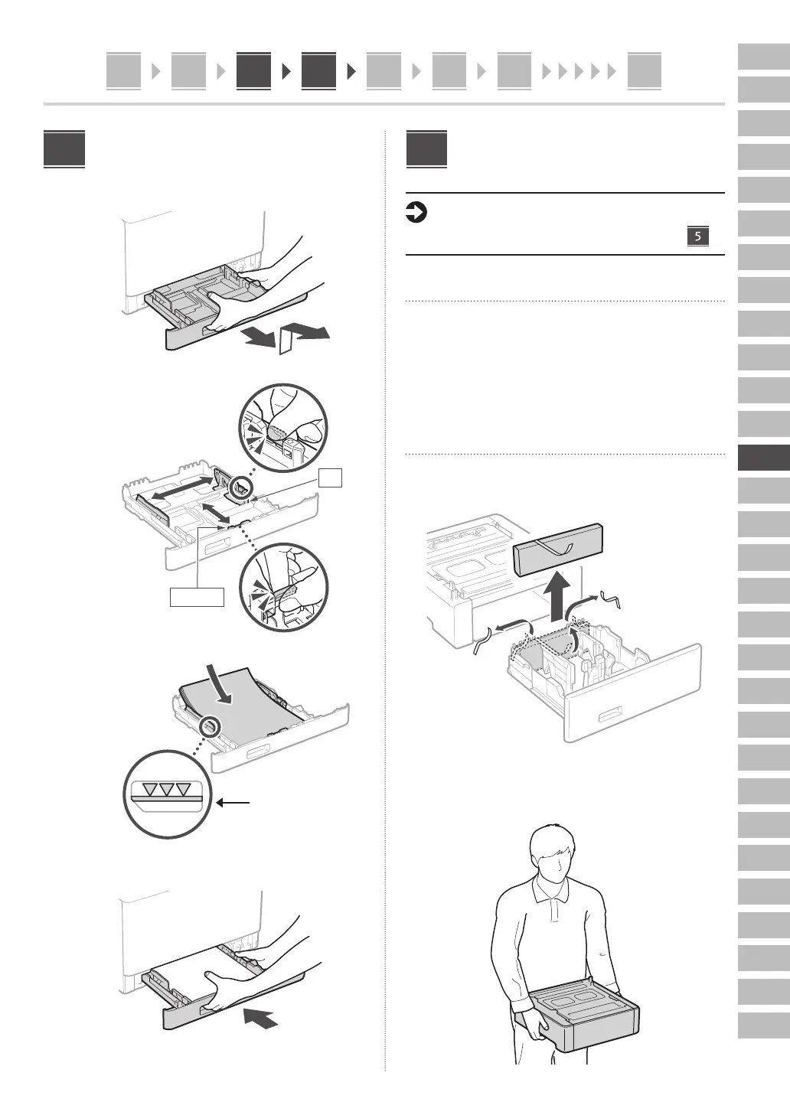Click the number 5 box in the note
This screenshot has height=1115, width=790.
pos(697,236)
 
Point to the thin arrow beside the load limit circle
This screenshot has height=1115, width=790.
pos(233,803)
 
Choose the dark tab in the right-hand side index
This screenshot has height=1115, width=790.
pos(763,458)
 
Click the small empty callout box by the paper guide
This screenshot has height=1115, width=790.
pos(331,478)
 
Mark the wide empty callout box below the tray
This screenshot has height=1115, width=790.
pos(197,597)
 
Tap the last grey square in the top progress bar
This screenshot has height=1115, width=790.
pos(644,71)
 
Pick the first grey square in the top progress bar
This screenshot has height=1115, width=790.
pos(123,71)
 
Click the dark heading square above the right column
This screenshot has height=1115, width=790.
pos(426,150)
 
